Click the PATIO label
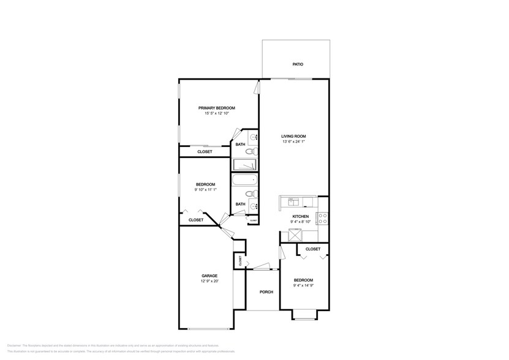point(297,64)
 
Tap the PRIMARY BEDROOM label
point(216,108)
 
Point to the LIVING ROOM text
point(293,136)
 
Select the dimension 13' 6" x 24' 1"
point(293,142)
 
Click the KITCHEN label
point(300,216)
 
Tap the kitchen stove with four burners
point(322,218)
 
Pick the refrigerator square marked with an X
point(296,234)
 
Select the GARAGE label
point(209,276)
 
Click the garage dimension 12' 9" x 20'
point(209,282)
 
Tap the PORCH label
point(266,292)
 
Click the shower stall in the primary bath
point(244,165)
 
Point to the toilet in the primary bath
point(251,151)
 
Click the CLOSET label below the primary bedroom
point(205,152)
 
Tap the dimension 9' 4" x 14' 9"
point(304,285)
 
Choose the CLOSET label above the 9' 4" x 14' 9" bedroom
point(312,249)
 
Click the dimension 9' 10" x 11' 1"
point(205,190)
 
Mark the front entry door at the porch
point(262,268)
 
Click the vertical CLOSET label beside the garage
point(240,260)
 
